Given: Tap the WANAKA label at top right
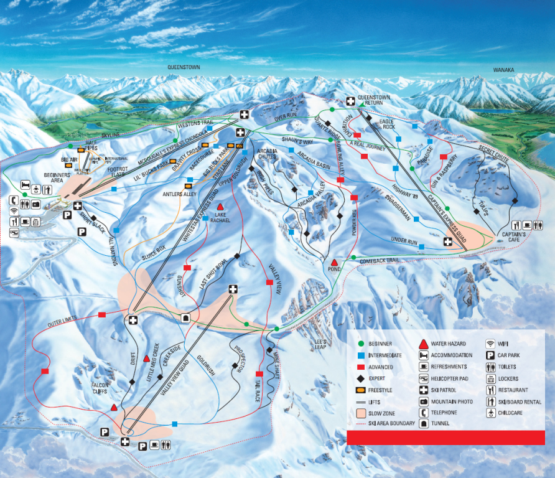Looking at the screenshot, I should (x=505, y=70).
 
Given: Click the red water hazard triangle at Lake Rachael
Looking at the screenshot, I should (x=220, y=206).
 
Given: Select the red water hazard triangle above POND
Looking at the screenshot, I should (x=334, y=262).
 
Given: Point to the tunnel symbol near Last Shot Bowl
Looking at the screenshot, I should (x=185, y=317).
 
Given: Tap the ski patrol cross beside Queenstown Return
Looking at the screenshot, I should (x=350, y=101).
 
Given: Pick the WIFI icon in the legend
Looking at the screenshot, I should (x=490, y=344).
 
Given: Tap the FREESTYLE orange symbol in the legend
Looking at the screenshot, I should (x=359, y=390).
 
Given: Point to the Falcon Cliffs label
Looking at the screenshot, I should (x=100, y=388).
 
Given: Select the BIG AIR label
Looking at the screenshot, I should (x=69, y=160).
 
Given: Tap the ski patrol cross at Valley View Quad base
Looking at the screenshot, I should (x=126, y=442).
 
